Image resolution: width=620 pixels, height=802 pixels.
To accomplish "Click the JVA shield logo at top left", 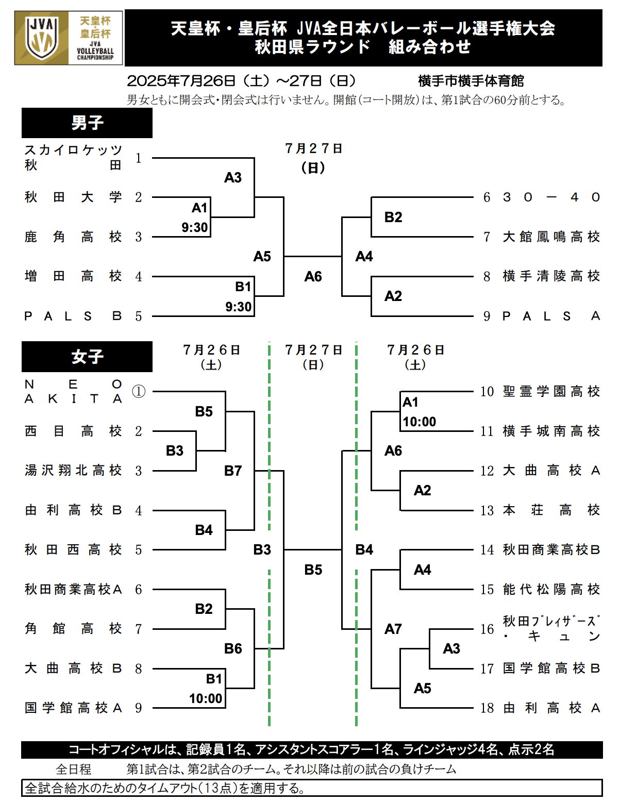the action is pyautogui.click(x=41, y=38).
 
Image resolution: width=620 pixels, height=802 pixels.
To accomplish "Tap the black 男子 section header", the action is pyautogui.click(x=87, y=123).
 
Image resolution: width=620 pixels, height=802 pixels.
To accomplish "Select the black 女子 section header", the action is pyautogui.click(x=87, y=357).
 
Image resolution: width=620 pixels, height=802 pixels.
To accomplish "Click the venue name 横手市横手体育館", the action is pyautogui.click(x=471, y=81).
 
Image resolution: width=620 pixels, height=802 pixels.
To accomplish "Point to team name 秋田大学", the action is pyautogui.click(x=73, y=197).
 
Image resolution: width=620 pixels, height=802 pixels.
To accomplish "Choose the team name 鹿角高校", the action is pyautogui.click(x=73, y=237).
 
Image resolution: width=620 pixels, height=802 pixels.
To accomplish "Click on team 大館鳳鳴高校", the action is pyautogui.click(x=551, y=237).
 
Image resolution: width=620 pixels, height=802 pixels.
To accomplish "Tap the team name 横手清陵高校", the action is pyautogui.click(x=551, y=276).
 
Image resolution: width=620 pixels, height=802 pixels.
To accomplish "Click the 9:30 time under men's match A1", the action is pyautogui.click(x=194, y=227).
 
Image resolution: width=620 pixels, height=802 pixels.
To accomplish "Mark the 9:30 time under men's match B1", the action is pyautogui.click(x=239, y=306).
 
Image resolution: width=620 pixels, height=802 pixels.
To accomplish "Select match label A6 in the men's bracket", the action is pyautogui.click(x=313, y=276).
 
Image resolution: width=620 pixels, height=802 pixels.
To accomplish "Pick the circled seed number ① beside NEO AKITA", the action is pyautogui.click(x=139, y=392).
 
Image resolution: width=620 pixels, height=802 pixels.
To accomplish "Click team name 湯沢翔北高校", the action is pyautogui.click(x=73, y=471).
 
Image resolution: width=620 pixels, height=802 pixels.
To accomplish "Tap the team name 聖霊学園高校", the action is pyautogui.click(x=551, y=392).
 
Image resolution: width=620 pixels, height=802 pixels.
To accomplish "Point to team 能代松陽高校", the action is pyautogui.click(x=551, y=590).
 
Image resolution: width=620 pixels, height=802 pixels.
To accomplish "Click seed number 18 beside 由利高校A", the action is pyautogui.click(x=487, y=708).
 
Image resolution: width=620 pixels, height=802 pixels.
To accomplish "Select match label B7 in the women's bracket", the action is pyautogui.click(x=233, y=471).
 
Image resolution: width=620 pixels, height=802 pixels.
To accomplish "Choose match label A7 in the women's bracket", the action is pyautogui.click(x=393, y=629).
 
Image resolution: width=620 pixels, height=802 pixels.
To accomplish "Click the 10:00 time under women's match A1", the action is pyautogui.click(x=419, y=422).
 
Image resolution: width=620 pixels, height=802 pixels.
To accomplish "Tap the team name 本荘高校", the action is pyautogui.click(x=551, y=510).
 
